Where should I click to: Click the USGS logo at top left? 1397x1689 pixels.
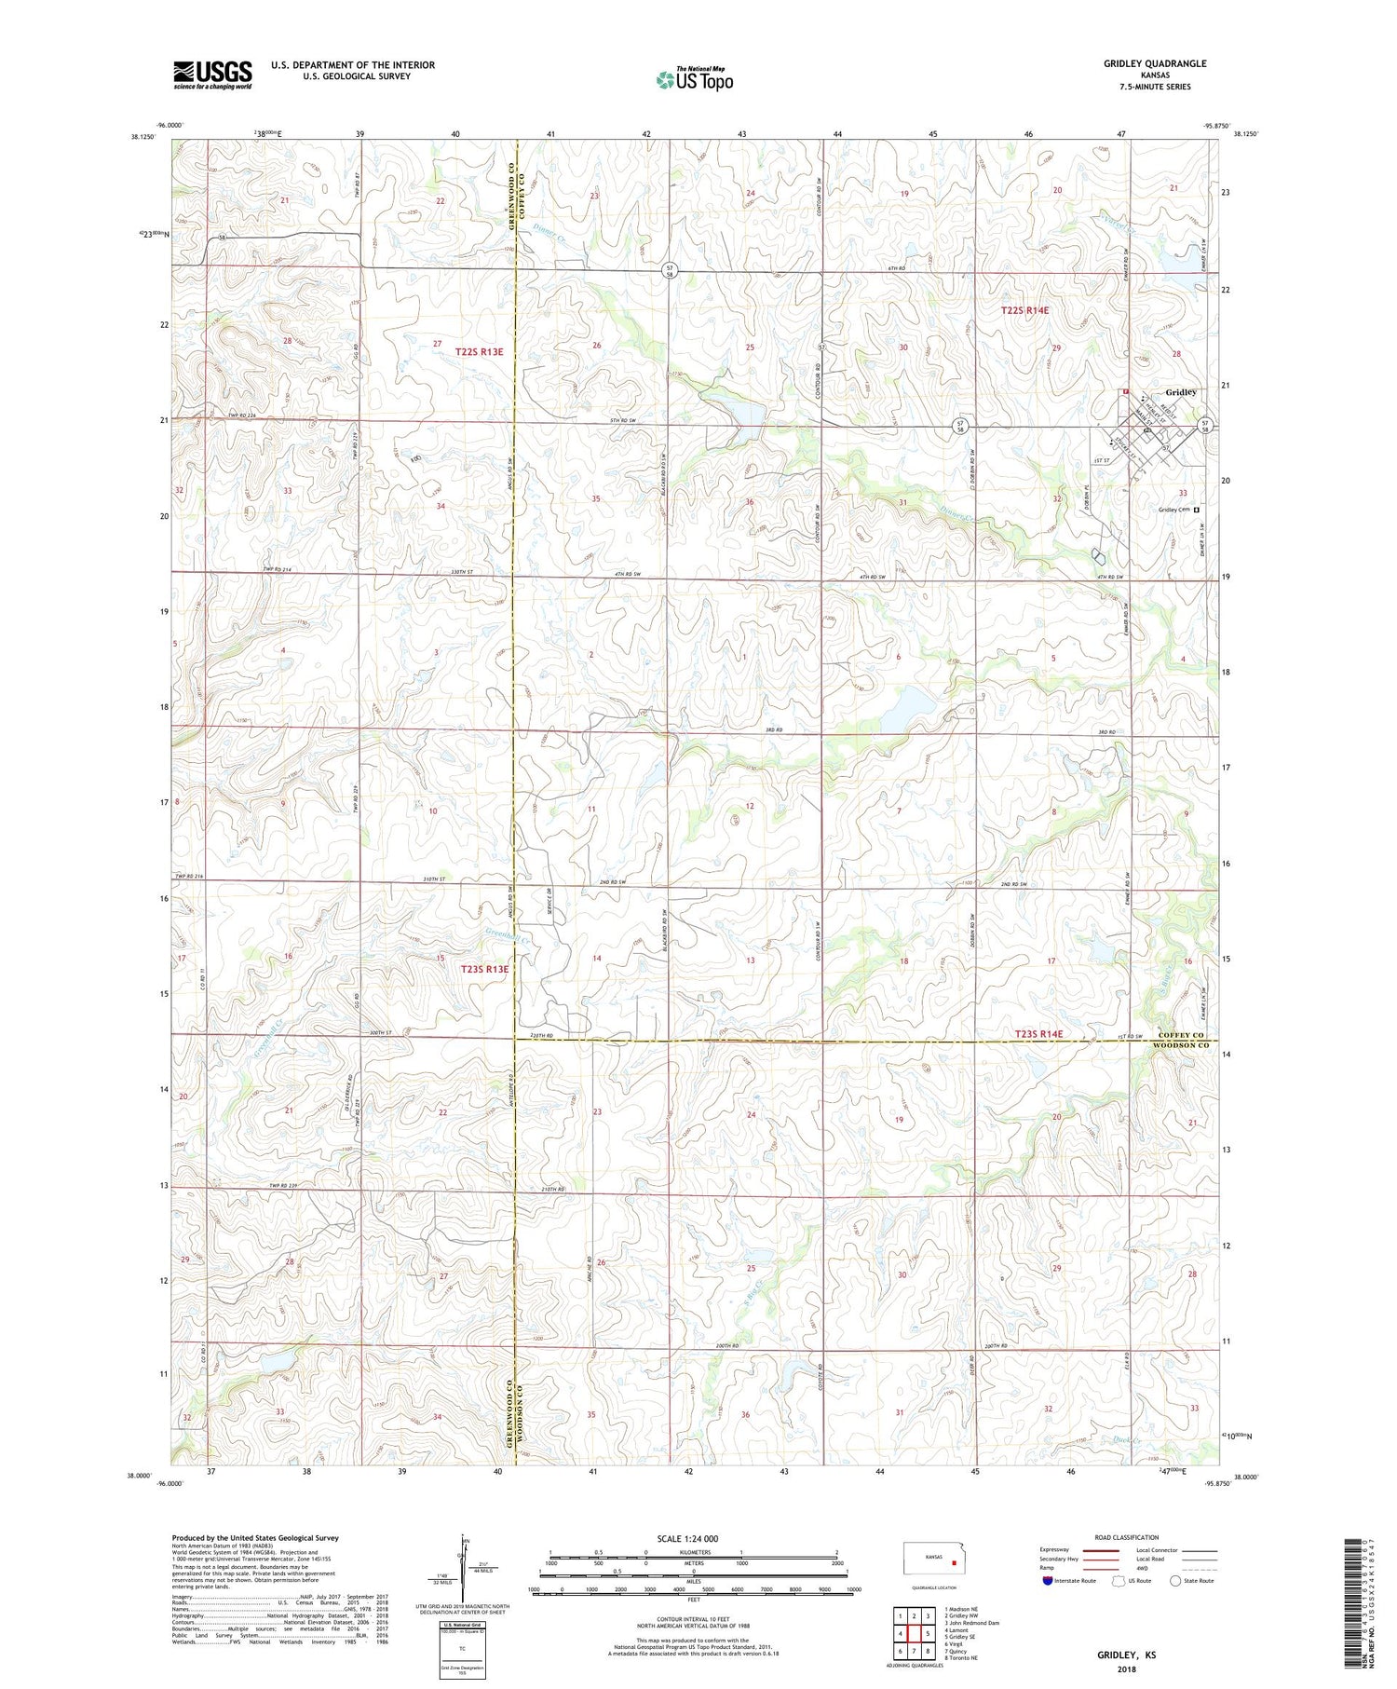coord(212,75)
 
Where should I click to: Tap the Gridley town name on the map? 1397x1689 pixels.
coord(1180,392)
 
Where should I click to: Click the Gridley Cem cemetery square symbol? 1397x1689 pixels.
coord(1197,510)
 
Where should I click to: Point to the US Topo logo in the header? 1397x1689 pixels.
coord(694,80)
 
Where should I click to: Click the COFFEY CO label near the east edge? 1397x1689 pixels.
coord(1182,1035)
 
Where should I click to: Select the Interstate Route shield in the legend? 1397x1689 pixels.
coord(1048,1580)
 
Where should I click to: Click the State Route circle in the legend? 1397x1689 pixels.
coord(1176,1580)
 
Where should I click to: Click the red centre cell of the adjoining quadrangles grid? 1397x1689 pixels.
coord(914,1632)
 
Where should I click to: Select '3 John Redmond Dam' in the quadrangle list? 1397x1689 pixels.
coord(971,1623)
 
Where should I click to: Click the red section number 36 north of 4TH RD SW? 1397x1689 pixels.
coord(749,502)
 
